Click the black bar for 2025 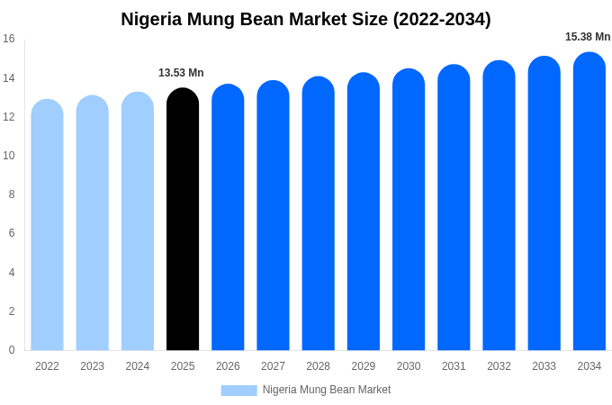183,220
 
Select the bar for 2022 47,225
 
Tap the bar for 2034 589,202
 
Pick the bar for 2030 409,211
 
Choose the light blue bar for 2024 138,222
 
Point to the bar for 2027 273,216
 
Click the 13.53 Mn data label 181,73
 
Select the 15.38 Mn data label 588,37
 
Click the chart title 306,19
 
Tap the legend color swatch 238,390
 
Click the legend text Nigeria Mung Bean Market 327,390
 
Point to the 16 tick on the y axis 9,39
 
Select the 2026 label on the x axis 228,366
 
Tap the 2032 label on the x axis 499,366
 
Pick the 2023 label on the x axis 92,366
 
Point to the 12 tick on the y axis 9,117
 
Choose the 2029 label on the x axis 364,366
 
